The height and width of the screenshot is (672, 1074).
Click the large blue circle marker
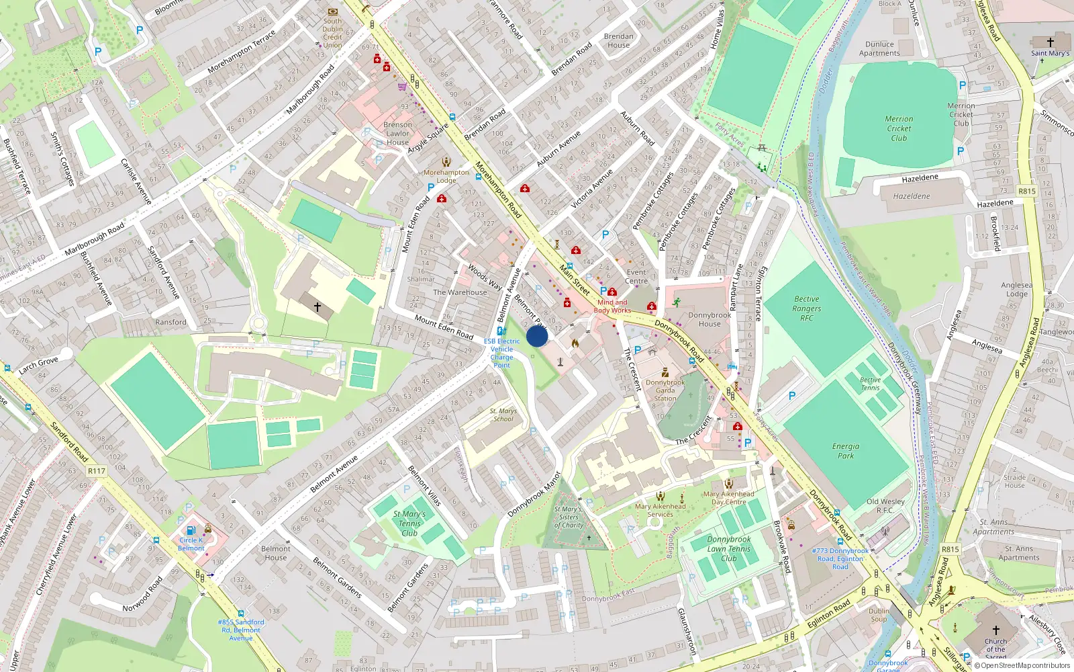pyautogui.click(x=537, y=336)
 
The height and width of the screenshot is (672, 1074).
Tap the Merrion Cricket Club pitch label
pyautogui.click(x=899, y=128)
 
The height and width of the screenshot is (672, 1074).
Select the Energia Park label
pyautogui.click(x=845, y=451)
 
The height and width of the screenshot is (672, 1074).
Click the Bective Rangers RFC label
pyautogui.click(x=806, y=308)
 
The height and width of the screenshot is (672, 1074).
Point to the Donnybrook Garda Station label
pyautogui.click(x=665, y=390)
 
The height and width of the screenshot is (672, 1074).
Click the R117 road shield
pyautogui.click(x=97, y=471)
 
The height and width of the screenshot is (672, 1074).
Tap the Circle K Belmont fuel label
pyautogui.click(x=191, y=544)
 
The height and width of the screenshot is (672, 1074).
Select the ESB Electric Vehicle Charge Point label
pyautogui.click(x=501, y=353)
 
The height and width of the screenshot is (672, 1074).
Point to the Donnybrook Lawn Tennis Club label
pyautogui.click(x=729, y=548)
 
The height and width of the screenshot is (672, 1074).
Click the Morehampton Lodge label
pyautogui.click(x=446, y=176)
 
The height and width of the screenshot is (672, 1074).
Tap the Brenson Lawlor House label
pyautogui.click(x=397, y=134)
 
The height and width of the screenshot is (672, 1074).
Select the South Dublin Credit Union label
pyautogui.click(x=332, y=33)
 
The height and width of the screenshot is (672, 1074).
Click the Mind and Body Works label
pyautogui.click(x=612, y=306)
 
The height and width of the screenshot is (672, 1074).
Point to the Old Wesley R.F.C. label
pyautogui.click(x=885, y=505)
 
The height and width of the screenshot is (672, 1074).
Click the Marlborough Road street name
pyautogui.click(x=95, y=239)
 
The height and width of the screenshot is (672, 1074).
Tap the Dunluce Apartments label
pyautogui.click(x=879, y=48)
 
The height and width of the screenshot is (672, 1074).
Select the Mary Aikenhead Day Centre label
pyautogui.click(x=728, y=498)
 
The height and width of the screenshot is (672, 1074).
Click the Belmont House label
pyautogui.click(x=275, y=553)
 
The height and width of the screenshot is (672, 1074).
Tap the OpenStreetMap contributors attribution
pyautogui.click(x=1025, y=666)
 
